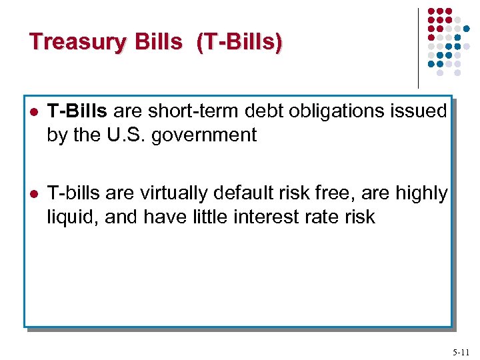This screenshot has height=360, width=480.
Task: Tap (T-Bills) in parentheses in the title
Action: click(x=239, y=42)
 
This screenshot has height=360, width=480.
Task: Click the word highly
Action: click(x=422, y=193)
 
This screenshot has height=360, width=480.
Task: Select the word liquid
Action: click(x=67, y=217)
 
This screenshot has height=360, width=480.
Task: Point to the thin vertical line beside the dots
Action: click(x=418, y=47)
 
